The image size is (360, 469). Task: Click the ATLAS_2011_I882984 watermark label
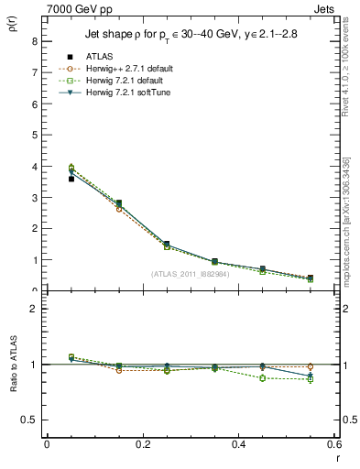click(190, 274)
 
